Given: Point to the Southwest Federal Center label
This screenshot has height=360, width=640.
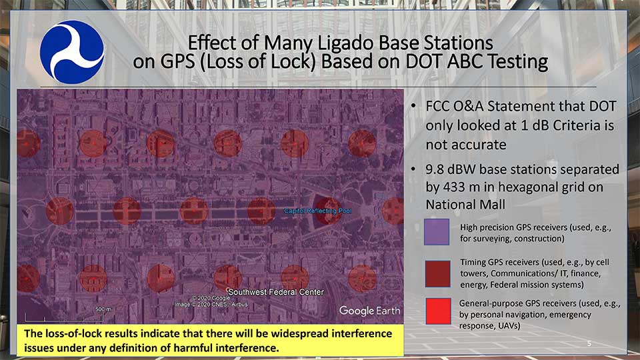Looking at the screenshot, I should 276,292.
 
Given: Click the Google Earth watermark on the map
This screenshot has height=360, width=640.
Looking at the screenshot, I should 369,310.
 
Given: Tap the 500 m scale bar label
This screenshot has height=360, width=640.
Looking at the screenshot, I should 102,309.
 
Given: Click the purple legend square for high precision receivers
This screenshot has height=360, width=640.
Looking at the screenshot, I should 437,233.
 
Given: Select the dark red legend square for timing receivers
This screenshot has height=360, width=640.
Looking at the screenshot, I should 437,273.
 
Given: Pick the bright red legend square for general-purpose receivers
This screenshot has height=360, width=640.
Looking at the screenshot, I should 437,311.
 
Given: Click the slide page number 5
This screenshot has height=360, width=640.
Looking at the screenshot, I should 589,343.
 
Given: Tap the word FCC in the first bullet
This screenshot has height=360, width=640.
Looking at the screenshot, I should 441,107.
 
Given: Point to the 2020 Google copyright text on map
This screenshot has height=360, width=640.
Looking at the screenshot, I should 209,298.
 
